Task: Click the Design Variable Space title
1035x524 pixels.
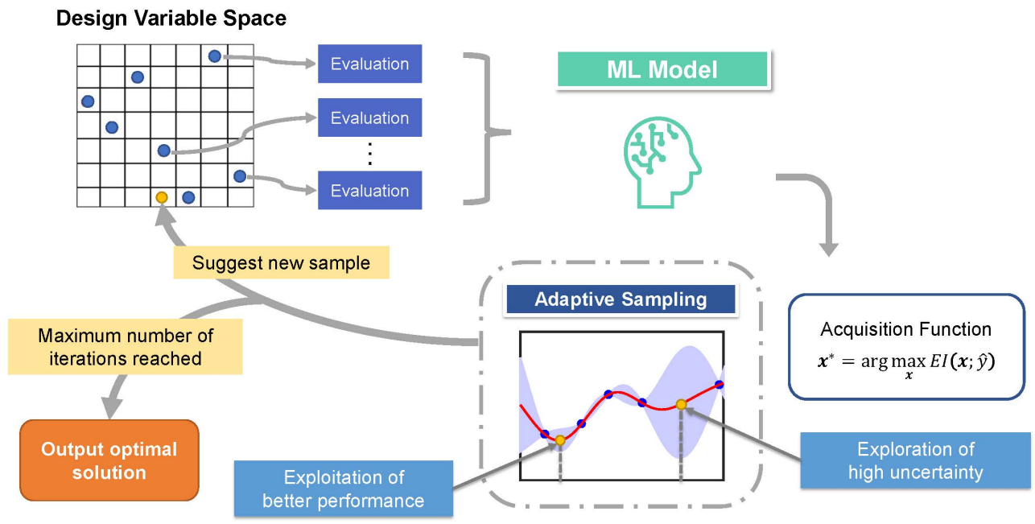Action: tap(171, 18)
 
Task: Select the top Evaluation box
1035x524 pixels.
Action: tap(369, 64)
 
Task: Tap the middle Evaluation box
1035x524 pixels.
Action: tap(369, 118)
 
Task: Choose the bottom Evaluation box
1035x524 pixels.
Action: tap(369, 191)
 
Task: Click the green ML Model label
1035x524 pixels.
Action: tap(662, 70)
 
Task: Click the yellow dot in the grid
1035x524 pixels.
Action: tap(162, 197)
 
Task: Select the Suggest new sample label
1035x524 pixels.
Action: tap(281, 262)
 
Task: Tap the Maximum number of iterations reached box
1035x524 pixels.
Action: tap(126, 346)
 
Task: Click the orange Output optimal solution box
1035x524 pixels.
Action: tap(109, 460)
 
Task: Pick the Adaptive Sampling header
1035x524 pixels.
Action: tap(620, 300)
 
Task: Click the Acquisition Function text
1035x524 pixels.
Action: tap(905, 329)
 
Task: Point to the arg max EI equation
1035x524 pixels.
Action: tap(905, 363)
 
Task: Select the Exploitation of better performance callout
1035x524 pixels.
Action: tap(344, 489)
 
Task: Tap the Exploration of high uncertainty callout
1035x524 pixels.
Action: tap(915, 460)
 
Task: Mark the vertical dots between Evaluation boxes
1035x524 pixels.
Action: tap(369, 154)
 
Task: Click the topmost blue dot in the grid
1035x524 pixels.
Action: tap(214, 56)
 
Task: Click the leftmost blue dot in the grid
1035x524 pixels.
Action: tap(88, 101)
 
